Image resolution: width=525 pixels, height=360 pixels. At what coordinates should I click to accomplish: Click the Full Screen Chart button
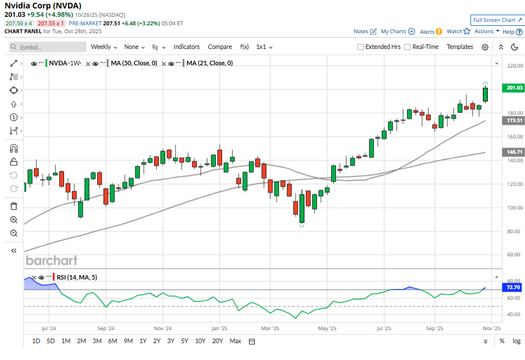tap(495, 20)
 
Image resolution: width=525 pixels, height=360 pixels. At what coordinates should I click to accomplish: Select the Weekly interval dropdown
tap(103, 47)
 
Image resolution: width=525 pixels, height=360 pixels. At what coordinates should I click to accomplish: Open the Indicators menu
tap(187, 47)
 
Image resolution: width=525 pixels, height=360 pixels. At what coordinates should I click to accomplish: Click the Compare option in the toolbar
tap(220, 47)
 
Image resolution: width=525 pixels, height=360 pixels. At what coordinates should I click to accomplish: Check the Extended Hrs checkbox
tap(361, 47)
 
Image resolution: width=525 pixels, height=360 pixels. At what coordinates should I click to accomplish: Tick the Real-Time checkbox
tap(408, 47)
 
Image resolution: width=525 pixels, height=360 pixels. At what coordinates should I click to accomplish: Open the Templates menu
tap(460, 47)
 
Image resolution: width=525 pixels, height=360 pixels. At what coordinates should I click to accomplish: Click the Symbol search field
tap(48, 47)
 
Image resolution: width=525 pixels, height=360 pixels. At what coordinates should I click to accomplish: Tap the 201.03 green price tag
tap(514, 88)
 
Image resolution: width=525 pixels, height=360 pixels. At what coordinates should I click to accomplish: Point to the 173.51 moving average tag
tap(514, 120)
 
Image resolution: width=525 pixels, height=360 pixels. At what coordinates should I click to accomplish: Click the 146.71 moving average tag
tap(514, 152)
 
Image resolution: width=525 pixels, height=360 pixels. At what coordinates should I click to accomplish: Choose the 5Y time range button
tap(184, 341)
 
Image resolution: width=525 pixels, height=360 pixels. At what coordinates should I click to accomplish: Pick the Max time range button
tap(235, 341)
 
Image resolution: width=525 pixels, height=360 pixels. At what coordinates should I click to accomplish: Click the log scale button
tap(517, 341)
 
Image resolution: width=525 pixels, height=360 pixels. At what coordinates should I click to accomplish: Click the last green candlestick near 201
tap(485, 94)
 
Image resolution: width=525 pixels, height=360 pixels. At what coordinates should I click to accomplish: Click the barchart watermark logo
tap(52, 260)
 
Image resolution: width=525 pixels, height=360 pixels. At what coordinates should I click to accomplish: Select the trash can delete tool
tap(14, 206)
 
